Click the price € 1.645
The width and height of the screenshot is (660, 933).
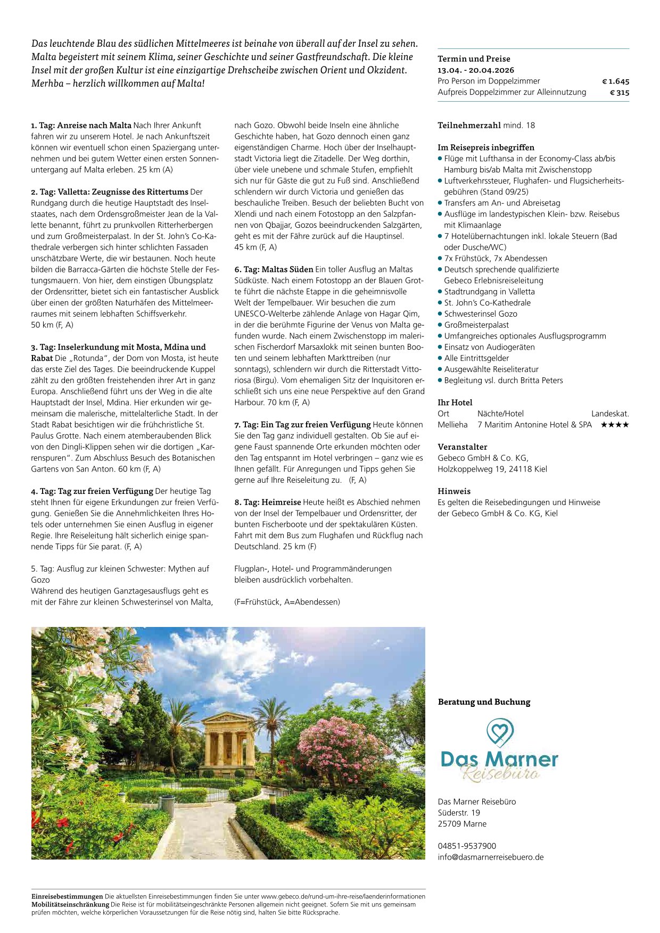(615, 81)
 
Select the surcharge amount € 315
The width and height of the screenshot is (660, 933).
(620, 93)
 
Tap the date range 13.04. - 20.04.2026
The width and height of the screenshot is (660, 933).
(476, 70)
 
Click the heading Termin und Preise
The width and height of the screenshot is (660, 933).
(474, 59)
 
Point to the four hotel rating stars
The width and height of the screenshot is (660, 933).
(615, 425)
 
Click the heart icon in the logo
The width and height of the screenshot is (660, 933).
(500, 732)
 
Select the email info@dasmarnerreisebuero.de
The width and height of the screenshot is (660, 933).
(491, 857)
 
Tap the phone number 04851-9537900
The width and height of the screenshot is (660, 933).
(467, 846)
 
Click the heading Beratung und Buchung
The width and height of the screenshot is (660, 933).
(484, 702)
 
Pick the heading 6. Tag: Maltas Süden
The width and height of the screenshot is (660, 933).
(274, 269)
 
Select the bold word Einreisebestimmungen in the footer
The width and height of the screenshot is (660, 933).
(67, 896)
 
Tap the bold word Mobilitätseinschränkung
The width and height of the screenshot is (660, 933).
(70, 904)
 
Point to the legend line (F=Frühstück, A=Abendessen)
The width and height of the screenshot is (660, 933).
(287, 602)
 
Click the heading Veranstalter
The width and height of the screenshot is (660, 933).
(462, 447)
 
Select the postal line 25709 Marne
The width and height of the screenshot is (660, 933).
(462, 824)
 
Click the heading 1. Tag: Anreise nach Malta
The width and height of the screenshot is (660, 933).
(81, 126)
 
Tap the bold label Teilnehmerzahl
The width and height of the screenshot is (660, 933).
(469, 126)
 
